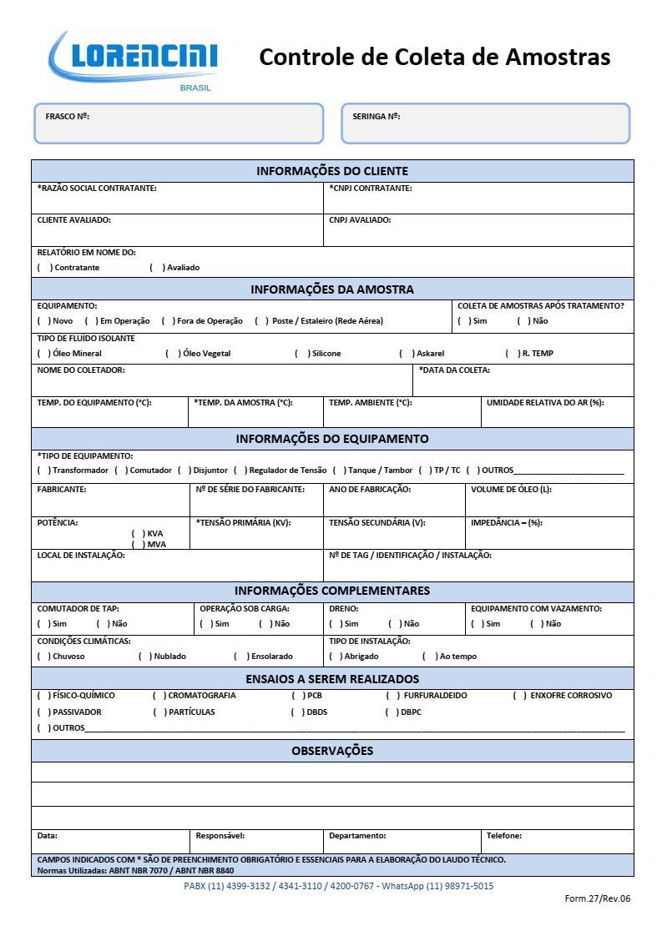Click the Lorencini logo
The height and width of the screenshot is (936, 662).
134,60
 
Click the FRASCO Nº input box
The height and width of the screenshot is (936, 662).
178,123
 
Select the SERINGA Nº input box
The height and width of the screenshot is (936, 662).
485,123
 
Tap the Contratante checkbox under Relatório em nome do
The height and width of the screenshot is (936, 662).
44,268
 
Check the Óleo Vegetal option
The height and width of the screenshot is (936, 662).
173,354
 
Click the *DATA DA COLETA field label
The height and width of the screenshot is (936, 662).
454,370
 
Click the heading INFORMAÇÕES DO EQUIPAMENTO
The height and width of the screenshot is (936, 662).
332,439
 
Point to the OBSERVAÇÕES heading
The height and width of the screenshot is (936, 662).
332,751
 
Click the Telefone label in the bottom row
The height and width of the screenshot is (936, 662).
504,836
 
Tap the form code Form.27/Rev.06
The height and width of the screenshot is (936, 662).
598,898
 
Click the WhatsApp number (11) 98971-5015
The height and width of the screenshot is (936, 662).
459,886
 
